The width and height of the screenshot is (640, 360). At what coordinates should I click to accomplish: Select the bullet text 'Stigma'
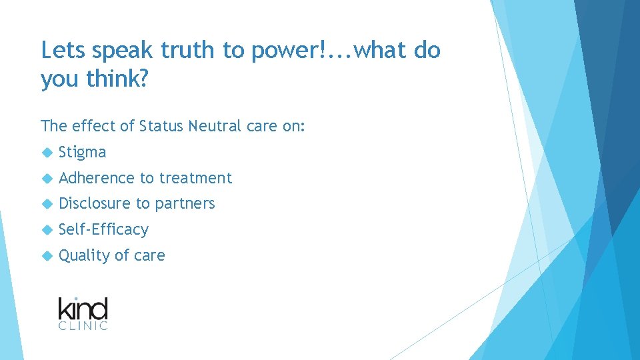pos(82,153)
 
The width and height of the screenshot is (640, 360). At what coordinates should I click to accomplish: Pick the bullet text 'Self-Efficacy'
pos(103,229)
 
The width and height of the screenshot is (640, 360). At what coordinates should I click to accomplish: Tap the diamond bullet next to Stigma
pos(46,153)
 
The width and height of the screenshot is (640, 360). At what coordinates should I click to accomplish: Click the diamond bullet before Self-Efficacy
pos(46,229)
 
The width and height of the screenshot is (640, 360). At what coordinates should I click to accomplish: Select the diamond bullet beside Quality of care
pos(46,255)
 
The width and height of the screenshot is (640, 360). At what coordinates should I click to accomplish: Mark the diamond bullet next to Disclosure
pos(46,204)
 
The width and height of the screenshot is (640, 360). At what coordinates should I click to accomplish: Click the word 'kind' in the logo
pos(83,309)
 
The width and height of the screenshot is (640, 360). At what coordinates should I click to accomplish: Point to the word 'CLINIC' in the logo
pos(83,325)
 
